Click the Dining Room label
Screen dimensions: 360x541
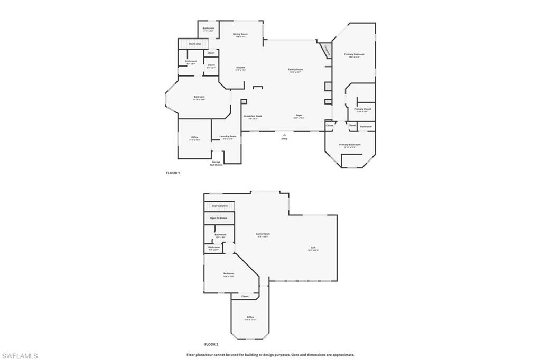[240, 34]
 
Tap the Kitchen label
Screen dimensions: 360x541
[240, 68]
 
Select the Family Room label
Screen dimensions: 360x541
[295, 70]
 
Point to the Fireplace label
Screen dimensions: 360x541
[327, 51]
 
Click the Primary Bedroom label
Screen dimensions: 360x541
[354, 54]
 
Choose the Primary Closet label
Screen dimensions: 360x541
[362, 109]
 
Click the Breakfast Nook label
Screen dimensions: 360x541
[253, 116]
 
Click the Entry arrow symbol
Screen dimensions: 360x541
[284, 135]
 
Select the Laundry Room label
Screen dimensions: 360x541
[228, 136]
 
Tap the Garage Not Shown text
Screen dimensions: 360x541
[216, 163]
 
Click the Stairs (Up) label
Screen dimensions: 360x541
[194, 44]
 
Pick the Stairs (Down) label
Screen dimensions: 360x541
[219, 206]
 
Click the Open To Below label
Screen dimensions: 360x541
[218, 218]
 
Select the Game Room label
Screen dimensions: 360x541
[263, 234]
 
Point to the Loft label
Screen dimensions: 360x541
[313, 248]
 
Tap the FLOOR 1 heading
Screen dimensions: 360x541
[173, 173]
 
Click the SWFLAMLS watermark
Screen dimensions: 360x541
[20, 356]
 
